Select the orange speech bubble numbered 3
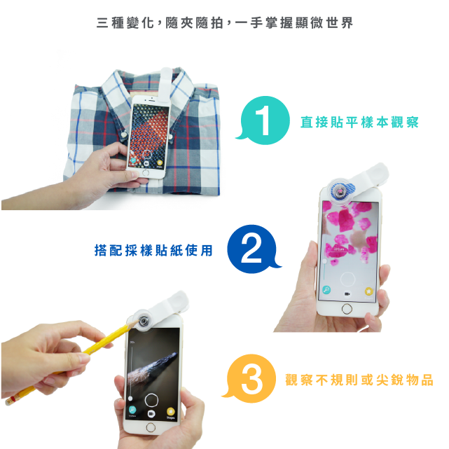251,378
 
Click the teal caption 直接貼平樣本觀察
359,123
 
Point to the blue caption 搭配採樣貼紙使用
153,250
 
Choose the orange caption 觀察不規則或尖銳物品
359,380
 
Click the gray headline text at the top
225,23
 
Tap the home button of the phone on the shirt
146,173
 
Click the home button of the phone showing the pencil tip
151,427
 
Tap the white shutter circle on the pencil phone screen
151,400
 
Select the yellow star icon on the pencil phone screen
171,411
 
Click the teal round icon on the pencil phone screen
132,410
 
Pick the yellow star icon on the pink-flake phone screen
369,291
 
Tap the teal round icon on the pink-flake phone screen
326,290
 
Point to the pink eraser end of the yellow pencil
11,400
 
